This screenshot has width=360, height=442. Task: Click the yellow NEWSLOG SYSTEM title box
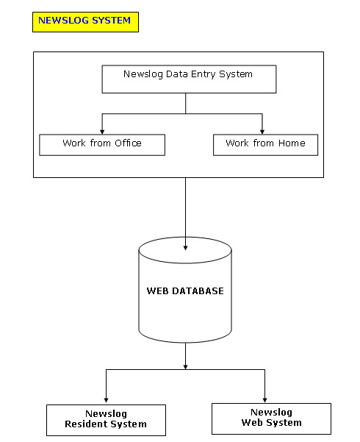click(85, 22)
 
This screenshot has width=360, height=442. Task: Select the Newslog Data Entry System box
click(189, 79)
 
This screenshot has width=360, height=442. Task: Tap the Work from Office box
click(102, 145)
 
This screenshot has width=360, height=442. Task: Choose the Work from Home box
click(265, 145)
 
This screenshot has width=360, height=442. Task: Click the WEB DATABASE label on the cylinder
click(185, 291)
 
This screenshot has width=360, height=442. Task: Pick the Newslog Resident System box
click(106, 420)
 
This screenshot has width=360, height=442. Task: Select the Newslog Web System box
click(271, 418)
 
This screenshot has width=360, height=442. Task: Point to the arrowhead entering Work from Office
click(102, 132)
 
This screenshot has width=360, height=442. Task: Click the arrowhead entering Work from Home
click(262, 132)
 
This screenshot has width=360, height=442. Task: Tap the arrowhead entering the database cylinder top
click(185, 248)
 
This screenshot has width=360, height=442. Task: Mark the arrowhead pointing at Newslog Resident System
click(106, 400)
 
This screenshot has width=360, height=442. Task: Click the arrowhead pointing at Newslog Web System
click(264, 400)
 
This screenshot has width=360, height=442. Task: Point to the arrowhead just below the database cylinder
click(185, 367)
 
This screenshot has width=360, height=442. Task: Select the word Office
click(128, 143)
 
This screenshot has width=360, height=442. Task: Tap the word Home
click(292, 143)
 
